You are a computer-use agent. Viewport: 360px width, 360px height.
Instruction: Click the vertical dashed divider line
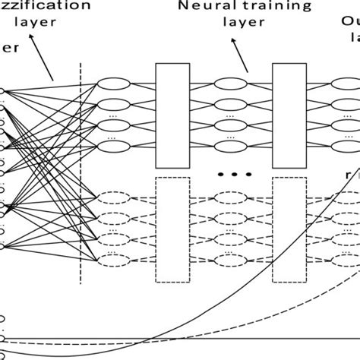(x=81, y=175)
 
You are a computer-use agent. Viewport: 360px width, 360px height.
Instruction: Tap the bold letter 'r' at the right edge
(x=349, y=173)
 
